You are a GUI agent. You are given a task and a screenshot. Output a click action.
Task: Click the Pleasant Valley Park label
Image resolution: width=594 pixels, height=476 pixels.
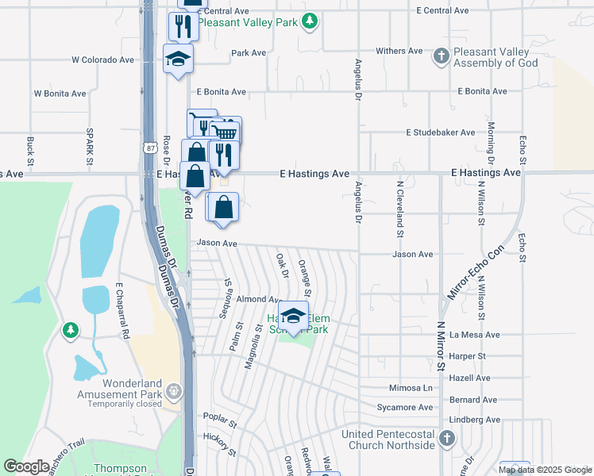point(247,22)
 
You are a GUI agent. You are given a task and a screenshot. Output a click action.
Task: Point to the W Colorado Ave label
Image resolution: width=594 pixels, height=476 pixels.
point(103,59)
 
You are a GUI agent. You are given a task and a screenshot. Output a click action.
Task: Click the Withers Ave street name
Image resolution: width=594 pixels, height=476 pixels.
point(399,51)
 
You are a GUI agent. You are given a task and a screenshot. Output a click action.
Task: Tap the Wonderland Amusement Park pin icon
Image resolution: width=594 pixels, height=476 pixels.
point(175,391)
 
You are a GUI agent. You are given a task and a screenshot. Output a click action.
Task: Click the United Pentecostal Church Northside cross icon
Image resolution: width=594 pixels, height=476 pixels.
point(447,439)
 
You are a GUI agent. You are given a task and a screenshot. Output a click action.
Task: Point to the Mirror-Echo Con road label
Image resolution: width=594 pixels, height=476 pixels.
point(474,272)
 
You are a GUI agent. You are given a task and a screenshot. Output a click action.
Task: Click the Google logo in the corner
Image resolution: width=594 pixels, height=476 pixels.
point(26,466)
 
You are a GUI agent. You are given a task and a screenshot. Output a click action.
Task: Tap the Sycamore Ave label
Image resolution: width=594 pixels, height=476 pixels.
point(405,408)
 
